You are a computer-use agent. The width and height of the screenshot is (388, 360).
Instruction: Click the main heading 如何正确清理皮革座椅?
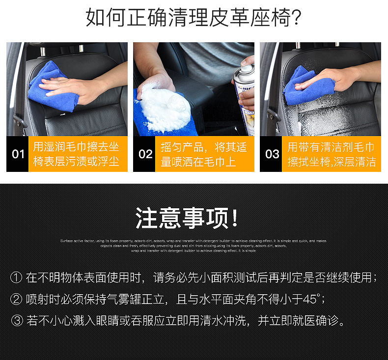tap(194, 18)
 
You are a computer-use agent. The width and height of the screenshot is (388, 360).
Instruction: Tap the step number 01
tap(18, 154)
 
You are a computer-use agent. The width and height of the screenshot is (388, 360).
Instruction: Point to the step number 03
tap(272, 154)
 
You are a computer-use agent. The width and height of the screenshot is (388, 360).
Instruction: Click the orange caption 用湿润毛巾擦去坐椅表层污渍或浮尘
tap(76, 154)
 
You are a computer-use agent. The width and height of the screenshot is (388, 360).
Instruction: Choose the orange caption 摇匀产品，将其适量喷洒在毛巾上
tap(204, 154)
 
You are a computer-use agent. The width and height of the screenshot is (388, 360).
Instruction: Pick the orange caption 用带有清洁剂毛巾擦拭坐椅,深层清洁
tap(332, 154)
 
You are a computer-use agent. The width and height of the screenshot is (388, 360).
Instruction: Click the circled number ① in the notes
tap(16, 278)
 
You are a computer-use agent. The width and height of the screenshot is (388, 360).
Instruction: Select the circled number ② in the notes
tap(16, 299)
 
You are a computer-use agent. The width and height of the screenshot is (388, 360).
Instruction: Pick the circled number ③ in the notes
tap(16, 321)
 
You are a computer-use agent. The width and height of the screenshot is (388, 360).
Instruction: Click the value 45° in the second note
tap(311, 299)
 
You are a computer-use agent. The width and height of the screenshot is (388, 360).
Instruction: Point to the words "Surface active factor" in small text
tap(75, 241)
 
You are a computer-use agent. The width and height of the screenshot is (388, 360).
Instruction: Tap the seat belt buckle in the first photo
tap(18, 120)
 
